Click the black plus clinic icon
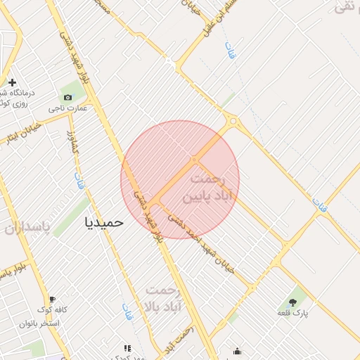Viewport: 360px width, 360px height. [12, 82]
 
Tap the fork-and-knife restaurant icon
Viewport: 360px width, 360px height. [127, 348]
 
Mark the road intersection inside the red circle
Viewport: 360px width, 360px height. [195, 160]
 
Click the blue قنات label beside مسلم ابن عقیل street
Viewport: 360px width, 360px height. [230, 50]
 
